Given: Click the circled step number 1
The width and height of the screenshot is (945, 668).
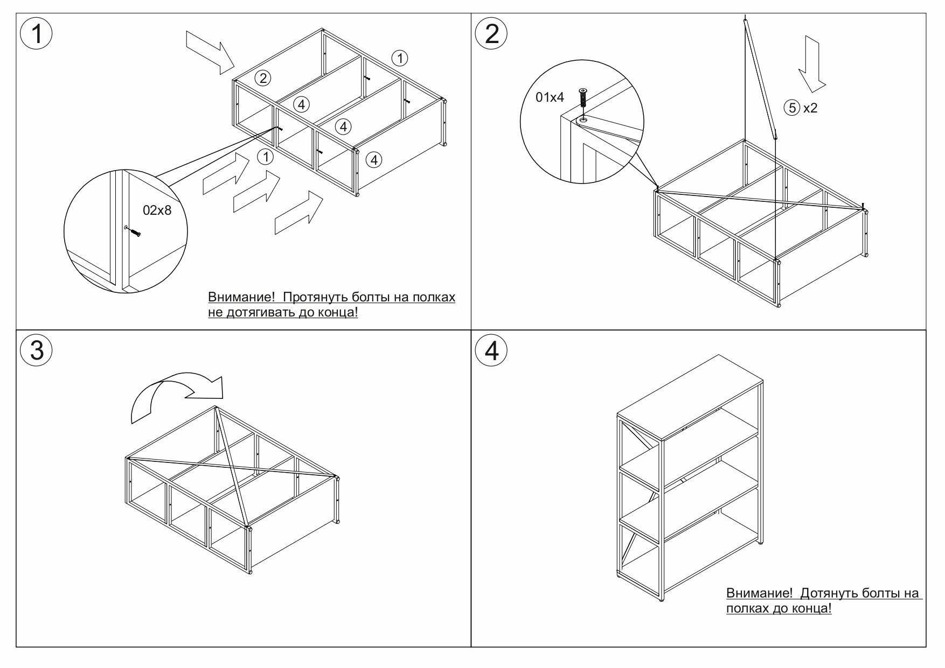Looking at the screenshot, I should pos(36,34).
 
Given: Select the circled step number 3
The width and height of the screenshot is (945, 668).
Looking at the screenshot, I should pos(36,350).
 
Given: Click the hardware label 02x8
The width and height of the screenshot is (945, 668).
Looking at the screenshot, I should pos(157,210).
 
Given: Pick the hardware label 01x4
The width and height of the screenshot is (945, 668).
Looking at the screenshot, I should pos(550,97).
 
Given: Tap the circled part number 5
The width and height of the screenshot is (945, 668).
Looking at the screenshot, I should pos(792,108).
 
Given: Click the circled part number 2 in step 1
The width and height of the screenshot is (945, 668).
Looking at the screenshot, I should pos(262,78).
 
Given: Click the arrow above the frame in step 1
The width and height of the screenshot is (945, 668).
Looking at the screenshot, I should pos(210,52).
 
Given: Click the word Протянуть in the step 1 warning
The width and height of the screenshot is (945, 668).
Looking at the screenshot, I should pos(315,297).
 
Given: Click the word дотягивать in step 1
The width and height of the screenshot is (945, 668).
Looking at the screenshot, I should pos(263,312).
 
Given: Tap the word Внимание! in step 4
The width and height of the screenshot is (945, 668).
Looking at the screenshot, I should pos(760,593).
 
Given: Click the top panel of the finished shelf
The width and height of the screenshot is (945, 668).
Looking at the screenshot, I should pos(690,396).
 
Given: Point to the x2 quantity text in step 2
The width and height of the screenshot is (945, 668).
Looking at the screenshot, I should pos(810,108).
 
